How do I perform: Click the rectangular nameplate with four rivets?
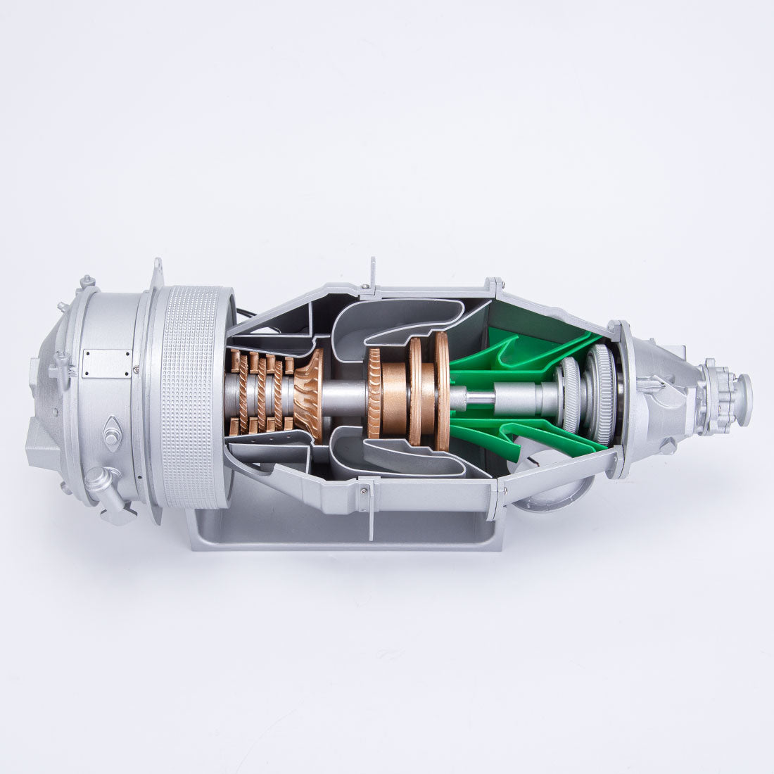pos(106,363)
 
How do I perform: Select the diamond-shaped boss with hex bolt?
pos(112,432)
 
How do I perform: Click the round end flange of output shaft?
pos(742,391)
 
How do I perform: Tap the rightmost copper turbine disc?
pos(442,391)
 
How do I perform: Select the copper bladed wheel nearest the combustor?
pos(374,393)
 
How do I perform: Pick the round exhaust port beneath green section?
pos(545,486)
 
